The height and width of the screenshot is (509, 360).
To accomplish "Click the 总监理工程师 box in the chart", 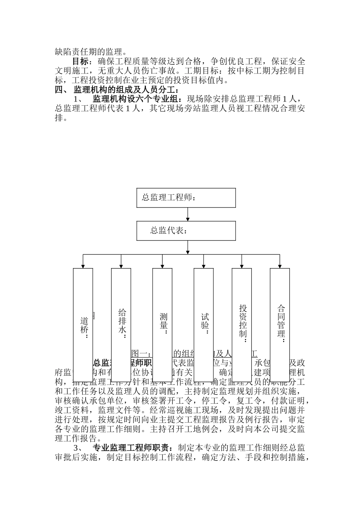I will (186, 198).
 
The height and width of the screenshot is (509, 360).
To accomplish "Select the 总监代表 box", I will (186, 230).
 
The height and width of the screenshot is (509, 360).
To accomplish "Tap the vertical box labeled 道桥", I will (83, 325).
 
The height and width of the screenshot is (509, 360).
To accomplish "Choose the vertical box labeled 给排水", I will (121, 325).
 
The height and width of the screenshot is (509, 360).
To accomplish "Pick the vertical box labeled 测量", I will (163, 325).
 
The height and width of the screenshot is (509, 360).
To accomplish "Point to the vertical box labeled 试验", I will (203, 325).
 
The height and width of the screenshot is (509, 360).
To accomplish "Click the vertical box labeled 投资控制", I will (242, 325).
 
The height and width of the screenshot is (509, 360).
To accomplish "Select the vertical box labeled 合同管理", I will (280, 325).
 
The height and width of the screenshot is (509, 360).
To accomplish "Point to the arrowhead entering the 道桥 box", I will (83, 266).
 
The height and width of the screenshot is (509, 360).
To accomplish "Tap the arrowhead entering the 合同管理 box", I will (280, 266).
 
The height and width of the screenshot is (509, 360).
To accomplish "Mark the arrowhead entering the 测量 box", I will (163, 266).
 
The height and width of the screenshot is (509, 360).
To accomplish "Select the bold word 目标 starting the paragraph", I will (80, 61).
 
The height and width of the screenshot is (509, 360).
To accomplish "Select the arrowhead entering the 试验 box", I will (203, 266).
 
